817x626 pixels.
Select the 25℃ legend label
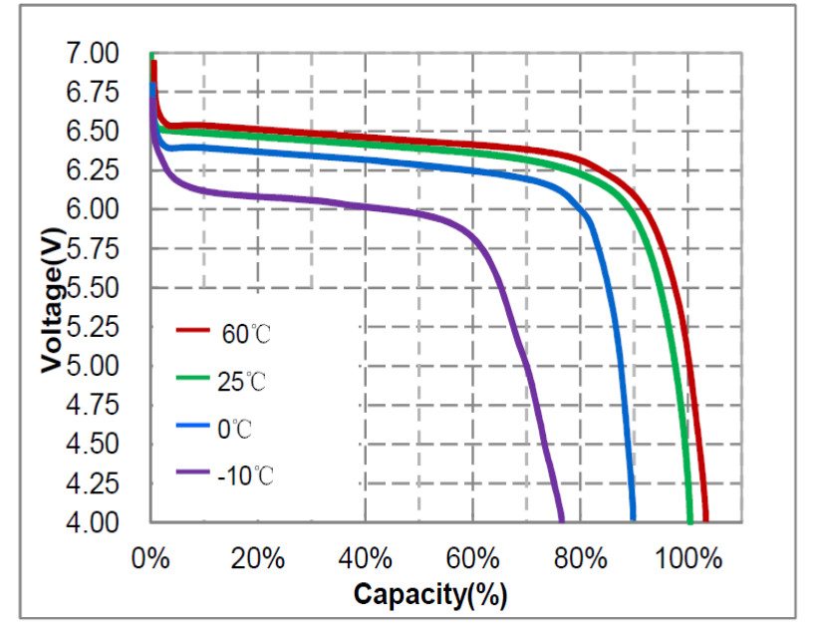coord(243,381)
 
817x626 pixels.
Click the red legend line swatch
coord(192,328)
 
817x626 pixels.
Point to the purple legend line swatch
coord(192,470)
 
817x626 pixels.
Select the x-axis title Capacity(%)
coord(430,594)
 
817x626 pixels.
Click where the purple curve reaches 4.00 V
coord(562,519)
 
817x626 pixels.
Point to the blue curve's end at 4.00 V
coord(632,519)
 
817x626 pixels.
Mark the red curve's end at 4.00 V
coord(705,519)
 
